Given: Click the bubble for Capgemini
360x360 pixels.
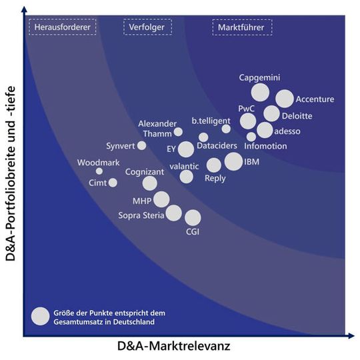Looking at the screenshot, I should click(x=259, y=92).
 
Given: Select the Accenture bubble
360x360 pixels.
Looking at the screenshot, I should click(x=285, y=99).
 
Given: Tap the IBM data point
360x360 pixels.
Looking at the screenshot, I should click(x=233, y=161).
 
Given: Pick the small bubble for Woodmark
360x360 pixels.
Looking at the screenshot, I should click(x=99, y=171).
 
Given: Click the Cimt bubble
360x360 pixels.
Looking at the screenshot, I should click(x=113, y=183).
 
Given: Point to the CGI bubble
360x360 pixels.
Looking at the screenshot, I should click(x=193, y=217).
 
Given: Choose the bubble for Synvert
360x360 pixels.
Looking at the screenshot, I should click(x=141, y=145).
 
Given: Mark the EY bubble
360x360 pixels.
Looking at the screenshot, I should click(x=186, y=149).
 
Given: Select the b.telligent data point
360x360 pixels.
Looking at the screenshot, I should click(x=226, y=129).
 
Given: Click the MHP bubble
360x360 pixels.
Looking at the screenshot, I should click(x=161, y=199).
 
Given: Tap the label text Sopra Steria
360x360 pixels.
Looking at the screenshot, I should click(x=141, y=215).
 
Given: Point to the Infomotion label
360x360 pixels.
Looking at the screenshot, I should click(x=266, y=146).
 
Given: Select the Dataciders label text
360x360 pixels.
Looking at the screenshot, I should click(x=217, y=146).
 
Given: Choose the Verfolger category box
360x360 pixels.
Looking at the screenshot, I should click(x=147, y=27).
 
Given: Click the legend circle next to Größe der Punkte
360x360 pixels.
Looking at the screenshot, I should click(x=41, y=316).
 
